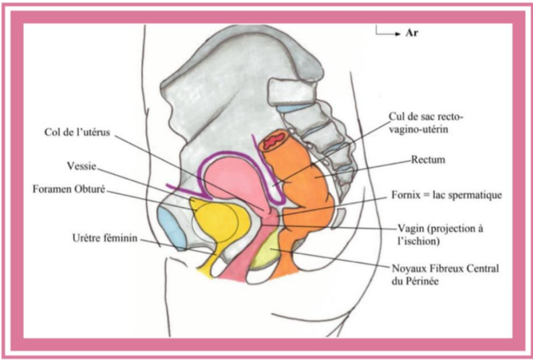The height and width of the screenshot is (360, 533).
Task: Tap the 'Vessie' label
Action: (x=82, y=166)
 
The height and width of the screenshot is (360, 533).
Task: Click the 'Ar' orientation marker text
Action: (x=412, y=33)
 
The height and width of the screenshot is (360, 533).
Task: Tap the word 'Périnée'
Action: (x=422, y=280)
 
